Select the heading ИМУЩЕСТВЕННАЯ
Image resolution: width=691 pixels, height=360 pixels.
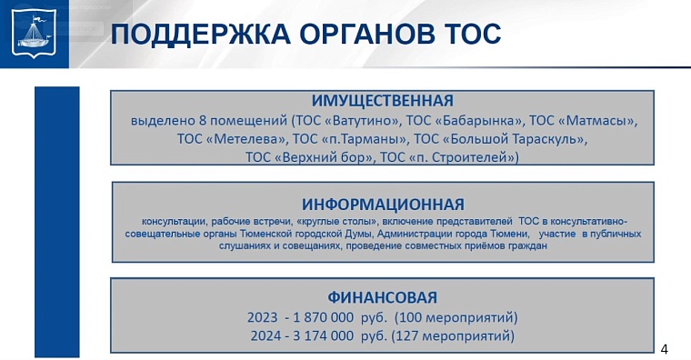pos(383,100)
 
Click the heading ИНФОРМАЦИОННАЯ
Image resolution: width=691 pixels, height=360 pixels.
pos(383,204)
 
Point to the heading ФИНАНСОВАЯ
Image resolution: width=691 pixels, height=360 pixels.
pos(383,297)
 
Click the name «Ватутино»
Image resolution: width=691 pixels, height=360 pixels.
pos(363,120)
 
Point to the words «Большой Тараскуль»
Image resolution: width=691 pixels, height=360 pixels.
pos(515,139)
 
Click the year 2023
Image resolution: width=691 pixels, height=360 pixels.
pos(263,317)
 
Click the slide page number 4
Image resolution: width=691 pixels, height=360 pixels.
pos(664,349)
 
